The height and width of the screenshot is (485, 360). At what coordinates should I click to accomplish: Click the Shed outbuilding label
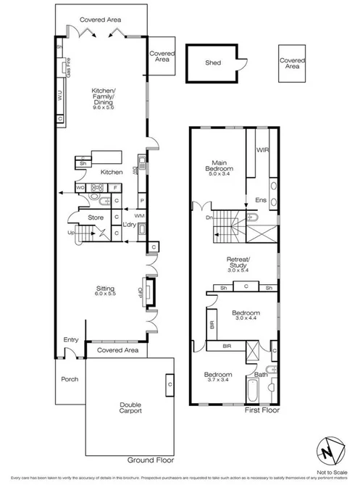(x=212, y=62)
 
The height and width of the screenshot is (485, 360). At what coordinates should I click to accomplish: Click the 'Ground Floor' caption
(x=151, y=460)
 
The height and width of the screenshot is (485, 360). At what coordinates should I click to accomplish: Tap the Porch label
(x=70, y=378)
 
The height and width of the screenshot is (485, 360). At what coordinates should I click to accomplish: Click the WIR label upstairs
(x=262, y=151)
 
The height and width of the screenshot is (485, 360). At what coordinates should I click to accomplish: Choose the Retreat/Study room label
(x=238, y=264)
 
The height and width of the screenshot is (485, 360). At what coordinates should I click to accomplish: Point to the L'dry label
(x=130, y=225)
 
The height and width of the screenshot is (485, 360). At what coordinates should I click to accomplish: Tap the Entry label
(x=71, y=339)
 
